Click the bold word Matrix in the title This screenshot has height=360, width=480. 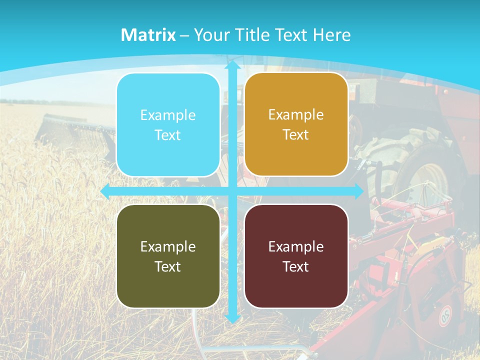tap(148, 35)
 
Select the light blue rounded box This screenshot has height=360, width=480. tap(168, 125)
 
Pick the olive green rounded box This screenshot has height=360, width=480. tap(168, 256)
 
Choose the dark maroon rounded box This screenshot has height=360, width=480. tap(296, 256)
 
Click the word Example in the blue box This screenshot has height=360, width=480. tap(168, 115)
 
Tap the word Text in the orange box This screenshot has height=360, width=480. tap(296, 135)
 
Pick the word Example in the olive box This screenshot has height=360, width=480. tap(168, 246)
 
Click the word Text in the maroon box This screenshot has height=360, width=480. tap(296, 266)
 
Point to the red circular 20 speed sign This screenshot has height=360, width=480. tap(444, 315)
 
